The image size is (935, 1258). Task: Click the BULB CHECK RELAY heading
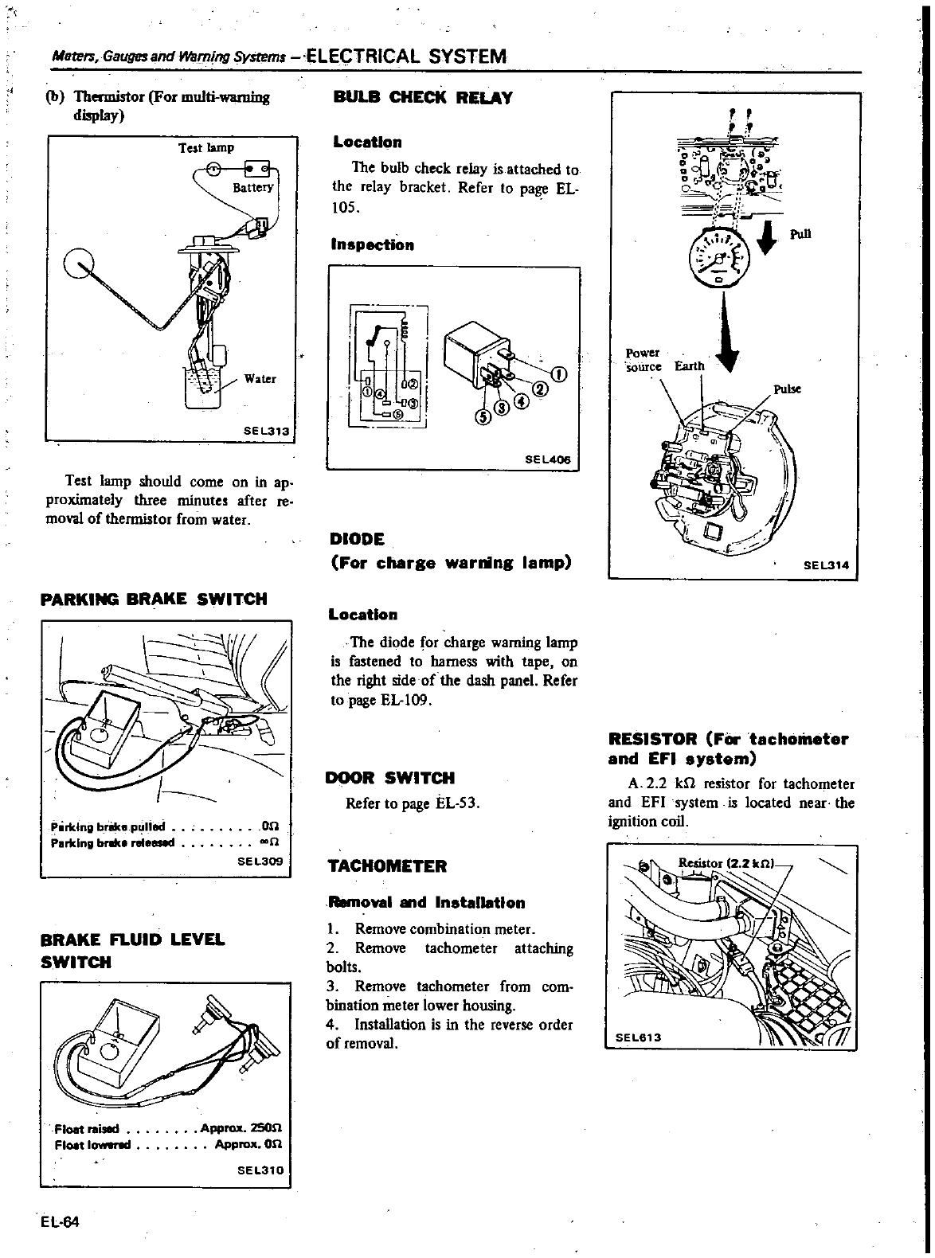pyautogui.click(x=422, y=99)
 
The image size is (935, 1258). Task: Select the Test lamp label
pyautogui.click(x=205, y=147)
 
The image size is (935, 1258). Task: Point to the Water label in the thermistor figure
pyautogui.click(x=260, y=379)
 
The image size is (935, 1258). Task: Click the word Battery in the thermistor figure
pyautogui.click(x=252, y=188)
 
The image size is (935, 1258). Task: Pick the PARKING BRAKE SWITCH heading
pyautogui.click(x=154, y=599)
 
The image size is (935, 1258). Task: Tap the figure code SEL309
pyautogui.click(x=260, y=861)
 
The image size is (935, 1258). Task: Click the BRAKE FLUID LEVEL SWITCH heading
pyautogui.click(x=132, y=951)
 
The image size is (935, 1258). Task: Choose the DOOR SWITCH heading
pyautogui.click(x=390, y=778)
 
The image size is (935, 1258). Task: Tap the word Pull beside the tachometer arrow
pyautogui.click(x=800, y=234)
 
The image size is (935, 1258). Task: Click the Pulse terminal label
pyautogui.click(x=787, y=389)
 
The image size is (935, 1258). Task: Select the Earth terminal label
pyautogui.click(x=690, y=366)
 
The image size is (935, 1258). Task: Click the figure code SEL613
pyautogui.click(x=640, y=1037)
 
